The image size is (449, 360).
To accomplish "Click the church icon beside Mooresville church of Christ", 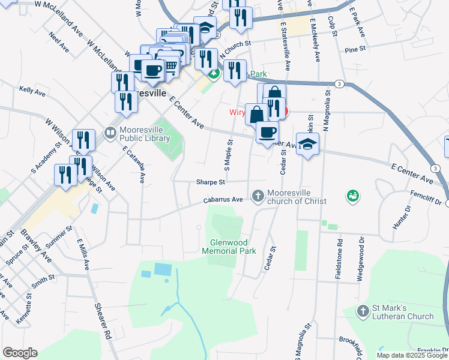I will tap(258, 196).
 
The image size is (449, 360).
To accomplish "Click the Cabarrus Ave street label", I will tap(223, 200).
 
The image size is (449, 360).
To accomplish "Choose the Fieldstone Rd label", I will tap(339, 259).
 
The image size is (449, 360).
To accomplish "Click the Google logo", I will tap(20, 353).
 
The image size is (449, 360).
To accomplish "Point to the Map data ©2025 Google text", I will tap(411, 355).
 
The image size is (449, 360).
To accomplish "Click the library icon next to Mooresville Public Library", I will tap(110, 132).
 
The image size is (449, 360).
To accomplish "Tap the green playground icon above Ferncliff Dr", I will tap(352, 196).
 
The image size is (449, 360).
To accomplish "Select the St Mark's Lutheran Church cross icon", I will tap(362, 310).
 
